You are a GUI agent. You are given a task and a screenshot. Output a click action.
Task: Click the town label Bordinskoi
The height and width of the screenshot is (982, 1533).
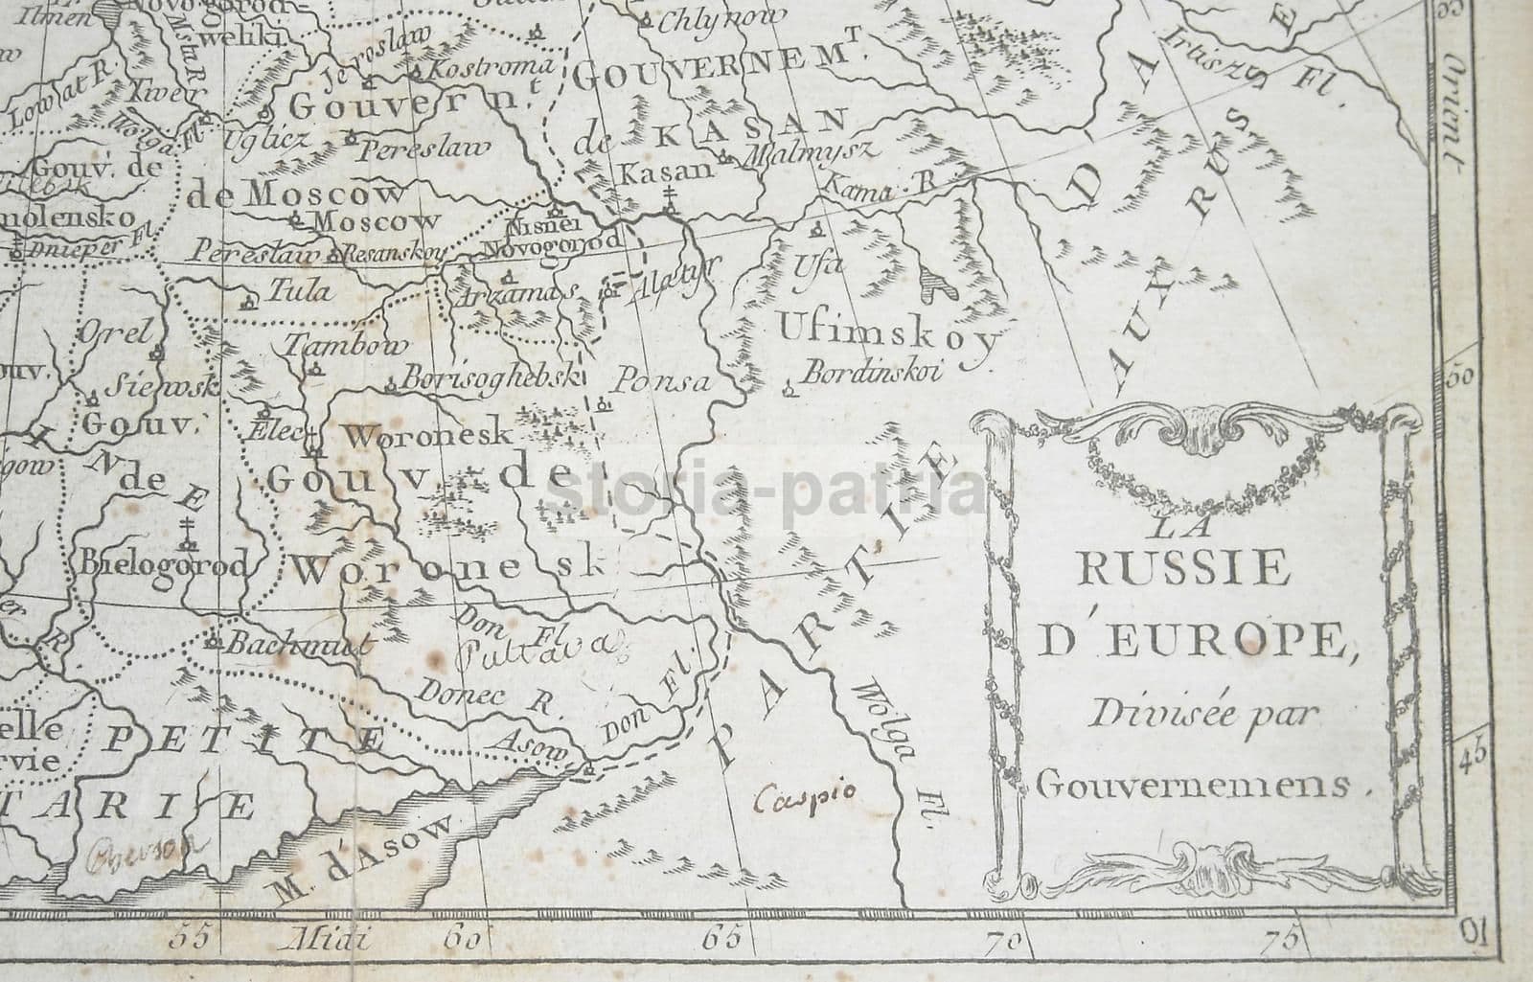pyautogui.click(x=873, y=371)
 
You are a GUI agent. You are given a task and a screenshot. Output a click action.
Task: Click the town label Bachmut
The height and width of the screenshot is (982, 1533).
pyautogui.click(x=295, y=645)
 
